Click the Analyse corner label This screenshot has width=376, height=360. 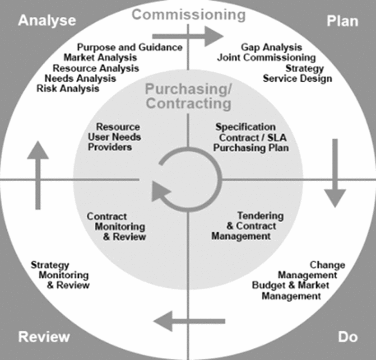pos(47,21)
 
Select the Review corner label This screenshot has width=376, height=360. pos(44,337)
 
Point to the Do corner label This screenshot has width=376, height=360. pos(348,337)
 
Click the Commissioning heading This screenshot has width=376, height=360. pos(189,14)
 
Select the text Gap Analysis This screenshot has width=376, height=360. pos(271,47)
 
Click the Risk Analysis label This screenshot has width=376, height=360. pos(68,88)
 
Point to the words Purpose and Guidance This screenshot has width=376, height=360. pos(130,47)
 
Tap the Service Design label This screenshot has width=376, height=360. pos(297,79)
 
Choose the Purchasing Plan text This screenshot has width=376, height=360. pos(251,147)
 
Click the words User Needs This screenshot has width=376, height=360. pos(115,137)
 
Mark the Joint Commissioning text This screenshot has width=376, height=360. pos(266,58)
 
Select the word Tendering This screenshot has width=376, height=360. pos(260,216)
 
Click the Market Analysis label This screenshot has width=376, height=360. pos(100,58)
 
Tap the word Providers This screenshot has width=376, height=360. pos(110,147)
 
